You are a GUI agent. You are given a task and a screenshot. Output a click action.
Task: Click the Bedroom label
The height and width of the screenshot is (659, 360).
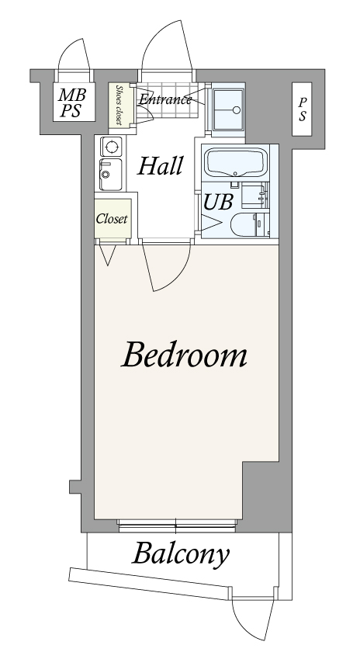184,355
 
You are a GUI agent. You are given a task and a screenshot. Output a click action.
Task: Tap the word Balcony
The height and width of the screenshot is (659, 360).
181,555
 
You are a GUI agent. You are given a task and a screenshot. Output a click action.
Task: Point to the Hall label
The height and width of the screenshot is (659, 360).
161,165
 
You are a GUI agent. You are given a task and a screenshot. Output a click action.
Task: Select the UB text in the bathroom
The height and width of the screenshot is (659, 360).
218,202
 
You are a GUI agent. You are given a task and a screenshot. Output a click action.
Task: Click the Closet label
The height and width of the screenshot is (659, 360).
112,219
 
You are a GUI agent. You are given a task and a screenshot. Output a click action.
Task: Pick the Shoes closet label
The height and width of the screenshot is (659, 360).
119,105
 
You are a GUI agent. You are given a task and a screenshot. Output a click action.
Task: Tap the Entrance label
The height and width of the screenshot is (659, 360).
165,99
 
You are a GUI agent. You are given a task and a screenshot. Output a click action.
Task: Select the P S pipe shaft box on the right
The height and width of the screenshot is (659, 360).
302,109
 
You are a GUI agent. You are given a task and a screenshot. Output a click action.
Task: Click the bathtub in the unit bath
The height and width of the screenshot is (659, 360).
235,163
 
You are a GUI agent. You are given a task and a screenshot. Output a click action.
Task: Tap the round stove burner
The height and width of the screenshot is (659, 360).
112,147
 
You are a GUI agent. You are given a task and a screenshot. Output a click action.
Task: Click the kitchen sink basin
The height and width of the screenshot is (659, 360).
110,175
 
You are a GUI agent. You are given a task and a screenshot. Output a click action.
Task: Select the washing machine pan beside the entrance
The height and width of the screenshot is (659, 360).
227,109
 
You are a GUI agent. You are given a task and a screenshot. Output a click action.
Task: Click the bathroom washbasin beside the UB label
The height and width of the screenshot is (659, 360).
255,195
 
